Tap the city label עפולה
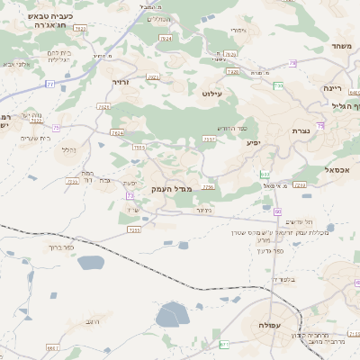tap(270, 324)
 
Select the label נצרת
tap(301, 131)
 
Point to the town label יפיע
tap(254, 143)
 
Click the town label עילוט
tap(237, 94)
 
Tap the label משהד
tap(339, 46)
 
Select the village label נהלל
tap(67, 149)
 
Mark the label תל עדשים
tap(298, 221)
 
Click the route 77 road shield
tap(50, 84)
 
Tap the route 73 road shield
tap(130, 195)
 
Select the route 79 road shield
tap(292, 63)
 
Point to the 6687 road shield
tap(52, 346)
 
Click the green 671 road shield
tap(224, 344)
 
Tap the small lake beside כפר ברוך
tap(92, 263)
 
